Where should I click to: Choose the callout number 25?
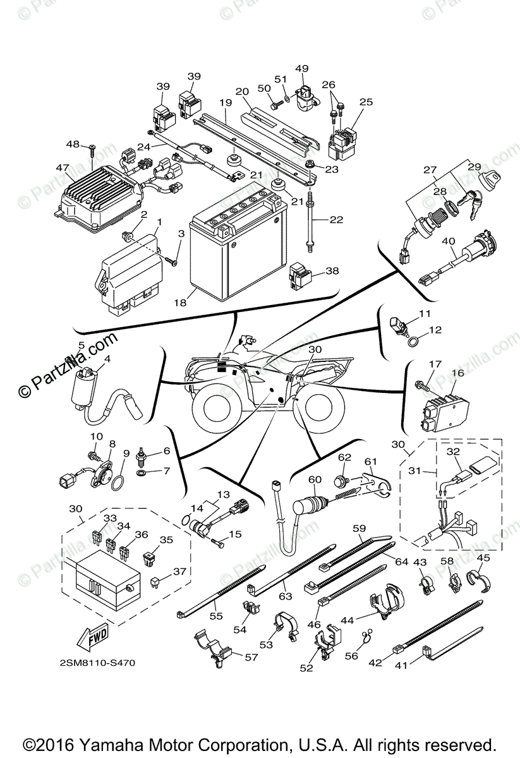coord(366,102)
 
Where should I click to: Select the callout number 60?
coord(313,479)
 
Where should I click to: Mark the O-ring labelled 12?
coord(414,343)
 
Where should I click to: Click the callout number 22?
coord(337,219)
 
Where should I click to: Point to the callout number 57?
coord(251,657)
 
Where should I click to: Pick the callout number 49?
coord(301,68)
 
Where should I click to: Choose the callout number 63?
coord(285,595)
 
